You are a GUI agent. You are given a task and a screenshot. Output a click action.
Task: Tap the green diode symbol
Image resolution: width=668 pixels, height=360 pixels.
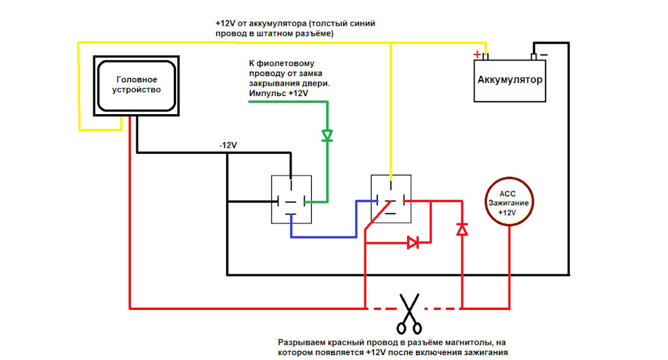(x=327, y=135)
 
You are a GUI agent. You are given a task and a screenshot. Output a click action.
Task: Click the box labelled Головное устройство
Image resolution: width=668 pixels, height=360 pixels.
(x=136, y=85)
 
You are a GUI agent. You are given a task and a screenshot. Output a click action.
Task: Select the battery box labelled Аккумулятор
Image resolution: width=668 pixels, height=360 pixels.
(x=510, y=80)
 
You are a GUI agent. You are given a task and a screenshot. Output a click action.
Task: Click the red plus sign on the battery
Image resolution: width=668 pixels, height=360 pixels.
(x=477, y=54)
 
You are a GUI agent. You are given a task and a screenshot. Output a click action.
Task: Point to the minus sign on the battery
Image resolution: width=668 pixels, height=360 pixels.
(x=543, y=54)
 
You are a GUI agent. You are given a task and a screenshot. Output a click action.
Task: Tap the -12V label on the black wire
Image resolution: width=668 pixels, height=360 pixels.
(x=228, y=146)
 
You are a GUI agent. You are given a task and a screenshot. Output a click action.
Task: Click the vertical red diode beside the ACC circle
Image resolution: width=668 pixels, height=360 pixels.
(x=461, y=229)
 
